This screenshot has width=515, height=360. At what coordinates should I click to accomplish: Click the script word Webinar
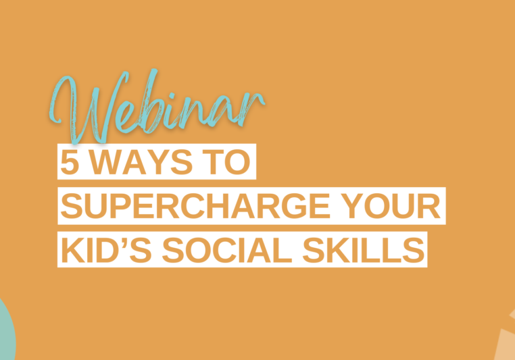tap(157, 107)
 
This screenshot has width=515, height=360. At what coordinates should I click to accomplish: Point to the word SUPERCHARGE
tap(195, 206)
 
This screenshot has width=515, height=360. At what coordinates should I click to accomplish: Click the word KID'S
tap(106, 250)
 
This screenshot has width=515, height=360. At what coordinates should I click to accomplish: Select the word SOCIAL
tap(227, 250)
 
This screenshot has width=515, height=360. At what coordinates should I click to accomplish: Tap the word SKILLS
tap(364, 250)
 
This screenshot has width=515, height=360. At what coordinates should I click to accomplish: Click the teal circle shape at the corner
tap(6, 332)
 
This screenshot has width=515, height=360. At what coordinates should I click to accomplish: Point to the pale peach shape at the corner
tap(506, 341)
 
